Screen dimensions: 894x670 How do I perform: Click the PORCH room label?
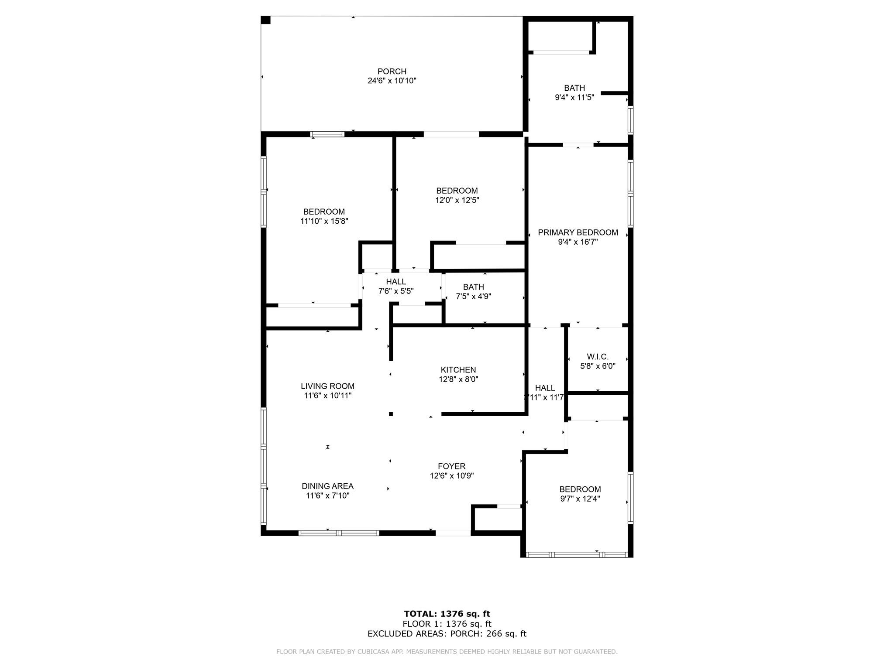click(392, 72)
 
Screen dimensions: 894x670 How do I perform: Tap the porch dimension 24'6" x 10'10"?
click(392, 81)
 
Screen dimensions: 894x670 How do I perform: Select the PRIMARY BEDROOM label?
click(578, 232)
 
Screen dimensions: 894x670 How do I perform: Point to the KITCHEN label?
click(458, 370)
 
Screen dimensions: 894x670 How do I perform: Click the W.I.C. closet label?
click(598, 357)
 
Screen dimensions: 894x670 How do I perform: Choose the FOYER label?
click(452, 466)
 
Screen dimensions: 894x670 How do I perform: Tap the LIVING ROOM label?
click(328, 386)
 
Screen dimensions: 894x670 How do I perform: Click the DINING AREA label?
click(328, 486)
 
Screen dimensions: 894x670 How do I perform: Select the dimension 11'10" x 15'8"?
click(324, 221)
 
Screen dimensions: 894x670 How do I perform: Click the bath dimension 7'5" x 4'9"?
click(474, 296)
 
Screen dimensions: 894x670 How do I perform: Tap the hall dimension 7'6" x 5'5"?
click(396, 291)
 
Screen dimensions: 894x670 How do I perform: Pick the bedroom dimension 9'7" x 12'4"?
click(580, 499)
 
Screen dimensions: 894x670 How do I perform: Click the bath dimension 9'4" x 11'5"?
click(574, 97)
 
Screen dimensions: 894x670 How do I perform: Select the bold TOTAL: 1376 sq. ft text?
click(447, 614)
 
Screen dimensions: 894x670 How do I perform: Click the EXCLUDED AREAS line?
click(447, 634)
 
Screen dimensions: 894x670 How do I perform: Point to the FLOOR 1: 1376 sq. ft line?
click(447, 624)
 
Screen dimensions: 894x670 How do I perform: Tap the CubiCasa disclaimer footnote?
click(447, 652)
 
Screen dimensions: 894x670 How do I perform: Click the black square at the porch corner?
click(266, 20)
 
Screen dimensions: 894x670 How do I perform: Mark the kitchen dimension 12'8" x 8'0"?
click(458, 379)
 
